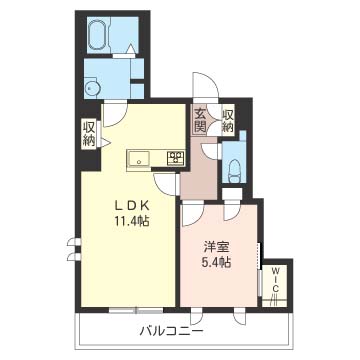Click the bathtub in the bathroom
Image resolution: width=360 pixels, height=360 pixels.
98,34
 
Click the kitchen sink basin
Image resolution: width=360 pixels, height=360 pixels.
139,159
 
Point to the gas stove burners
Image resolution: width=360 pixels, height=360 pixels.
176,158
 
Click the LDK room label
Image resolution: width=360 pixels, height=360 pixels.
131,206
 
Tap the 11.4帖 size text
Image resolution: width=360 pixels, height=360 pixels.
132,221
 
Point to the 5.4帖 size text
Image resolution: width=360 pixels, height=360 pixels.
217,263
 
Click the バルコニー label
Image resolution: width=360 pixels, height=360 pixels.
171,331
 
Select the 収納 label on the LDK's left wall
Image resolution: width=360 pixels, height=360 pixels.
89,134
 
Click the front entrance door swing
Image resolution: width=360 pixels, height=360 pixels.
206,85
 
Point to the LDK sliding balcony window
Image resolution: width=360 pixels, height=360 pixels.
136,311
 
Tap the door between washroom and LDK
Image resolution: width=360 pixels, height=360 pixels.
115,115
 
